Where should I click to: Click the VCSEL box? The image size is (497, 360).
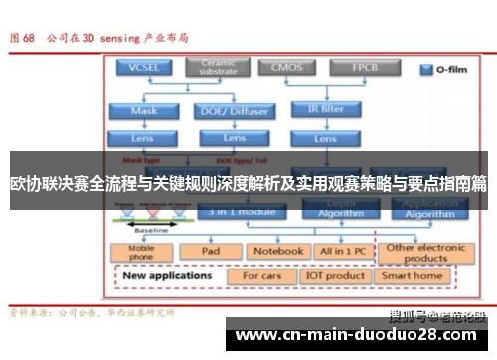[x=143, y=69]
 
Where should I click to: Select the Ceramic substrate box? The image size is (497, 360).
[x=217, y=68]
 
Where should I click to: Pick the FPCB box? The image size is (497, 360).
[x=363, y=68]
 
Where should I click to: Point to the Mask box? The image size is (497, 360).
[x=143, y=111]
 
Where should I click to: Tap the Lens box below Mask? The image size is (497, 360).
[x=143, y=138]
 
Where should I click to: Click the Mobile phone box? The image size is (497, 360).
[x=141, y=252]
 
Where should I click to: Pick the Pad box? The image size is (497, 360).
[x=210, y=252]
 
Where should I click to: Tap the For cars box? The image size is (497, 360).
[x=262, y=276]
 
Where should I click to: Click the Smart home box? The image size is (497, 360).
[x=412, y=276]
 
